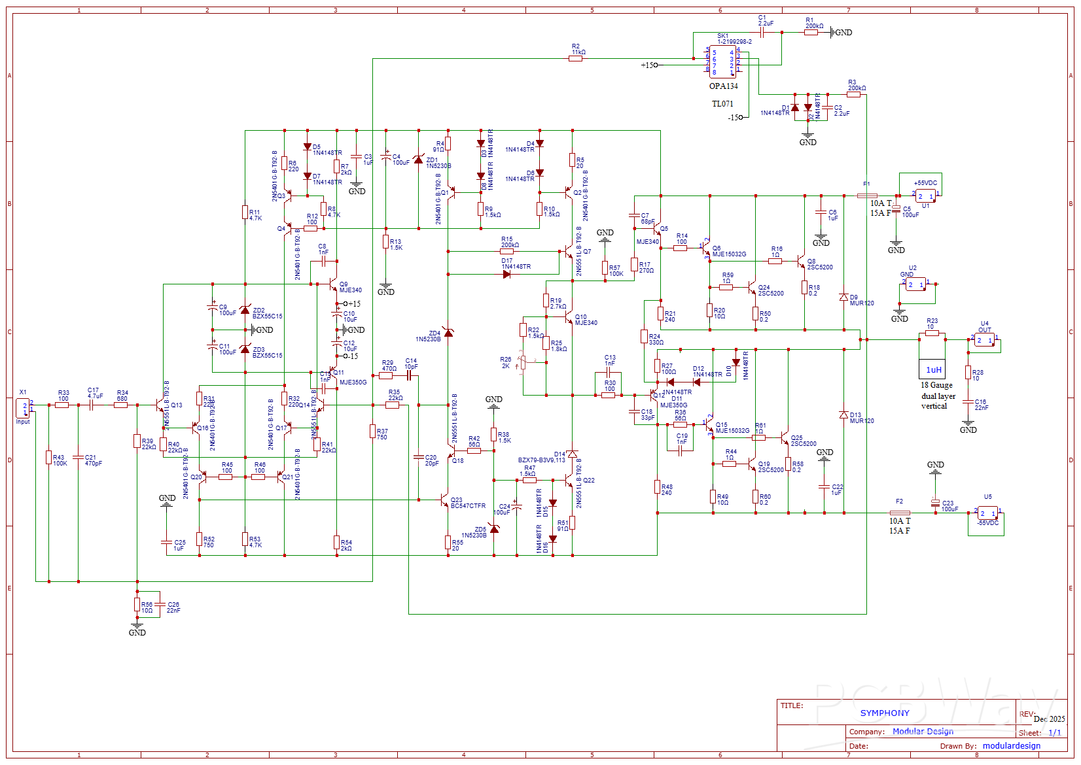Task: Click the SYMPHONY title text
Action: (x=884, y=713)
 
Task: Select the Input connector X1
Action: (x=23, y=408)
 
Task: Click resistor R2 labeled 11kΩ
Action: (x=575, y=58)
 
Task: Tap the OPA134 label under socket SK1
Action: (x=723, y=86)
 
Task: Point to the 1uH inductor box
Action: (x=932, y=369)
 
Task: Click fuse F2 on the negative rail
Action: (x=900, y=513)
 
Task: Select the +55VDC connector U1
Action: (x=925, y=195)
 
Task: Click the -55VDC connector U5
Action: (x=987, y=513)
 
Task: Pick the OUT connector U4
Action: (x=984, y=340)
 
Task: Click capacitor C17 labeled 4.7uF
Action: (x=92, y=405)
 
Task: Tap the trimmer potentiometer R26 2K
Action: (x=523, y=361)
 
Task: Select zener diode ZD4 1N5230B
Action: (x=448, y=333)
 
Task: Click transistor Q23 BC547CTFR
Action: (x=445, y=502)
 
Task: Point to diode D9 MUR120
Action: (x=843, y=297)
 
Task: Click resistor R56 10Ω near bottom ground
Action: (x=137, y=604)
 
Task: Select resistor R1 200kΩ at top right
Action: (x=811, y=32)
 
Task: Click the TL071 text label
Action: (x=722, y=104)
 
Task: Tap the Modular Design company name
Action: (x=923, y=731)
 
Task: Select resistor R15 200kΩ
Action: (x=506, y=251)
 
